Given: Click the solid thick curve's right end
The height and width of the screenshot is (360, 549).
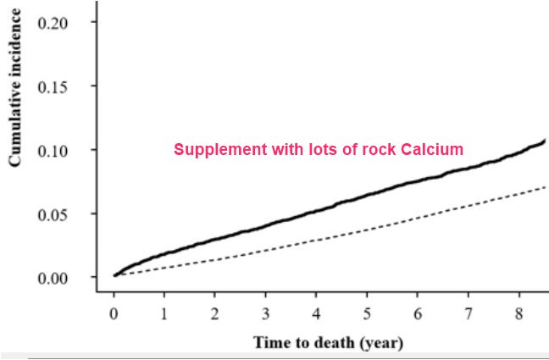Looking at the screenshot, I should coord(544,140).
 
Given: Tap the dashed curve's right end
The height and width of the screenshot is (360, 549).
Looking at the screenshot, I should coord(544,186).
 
